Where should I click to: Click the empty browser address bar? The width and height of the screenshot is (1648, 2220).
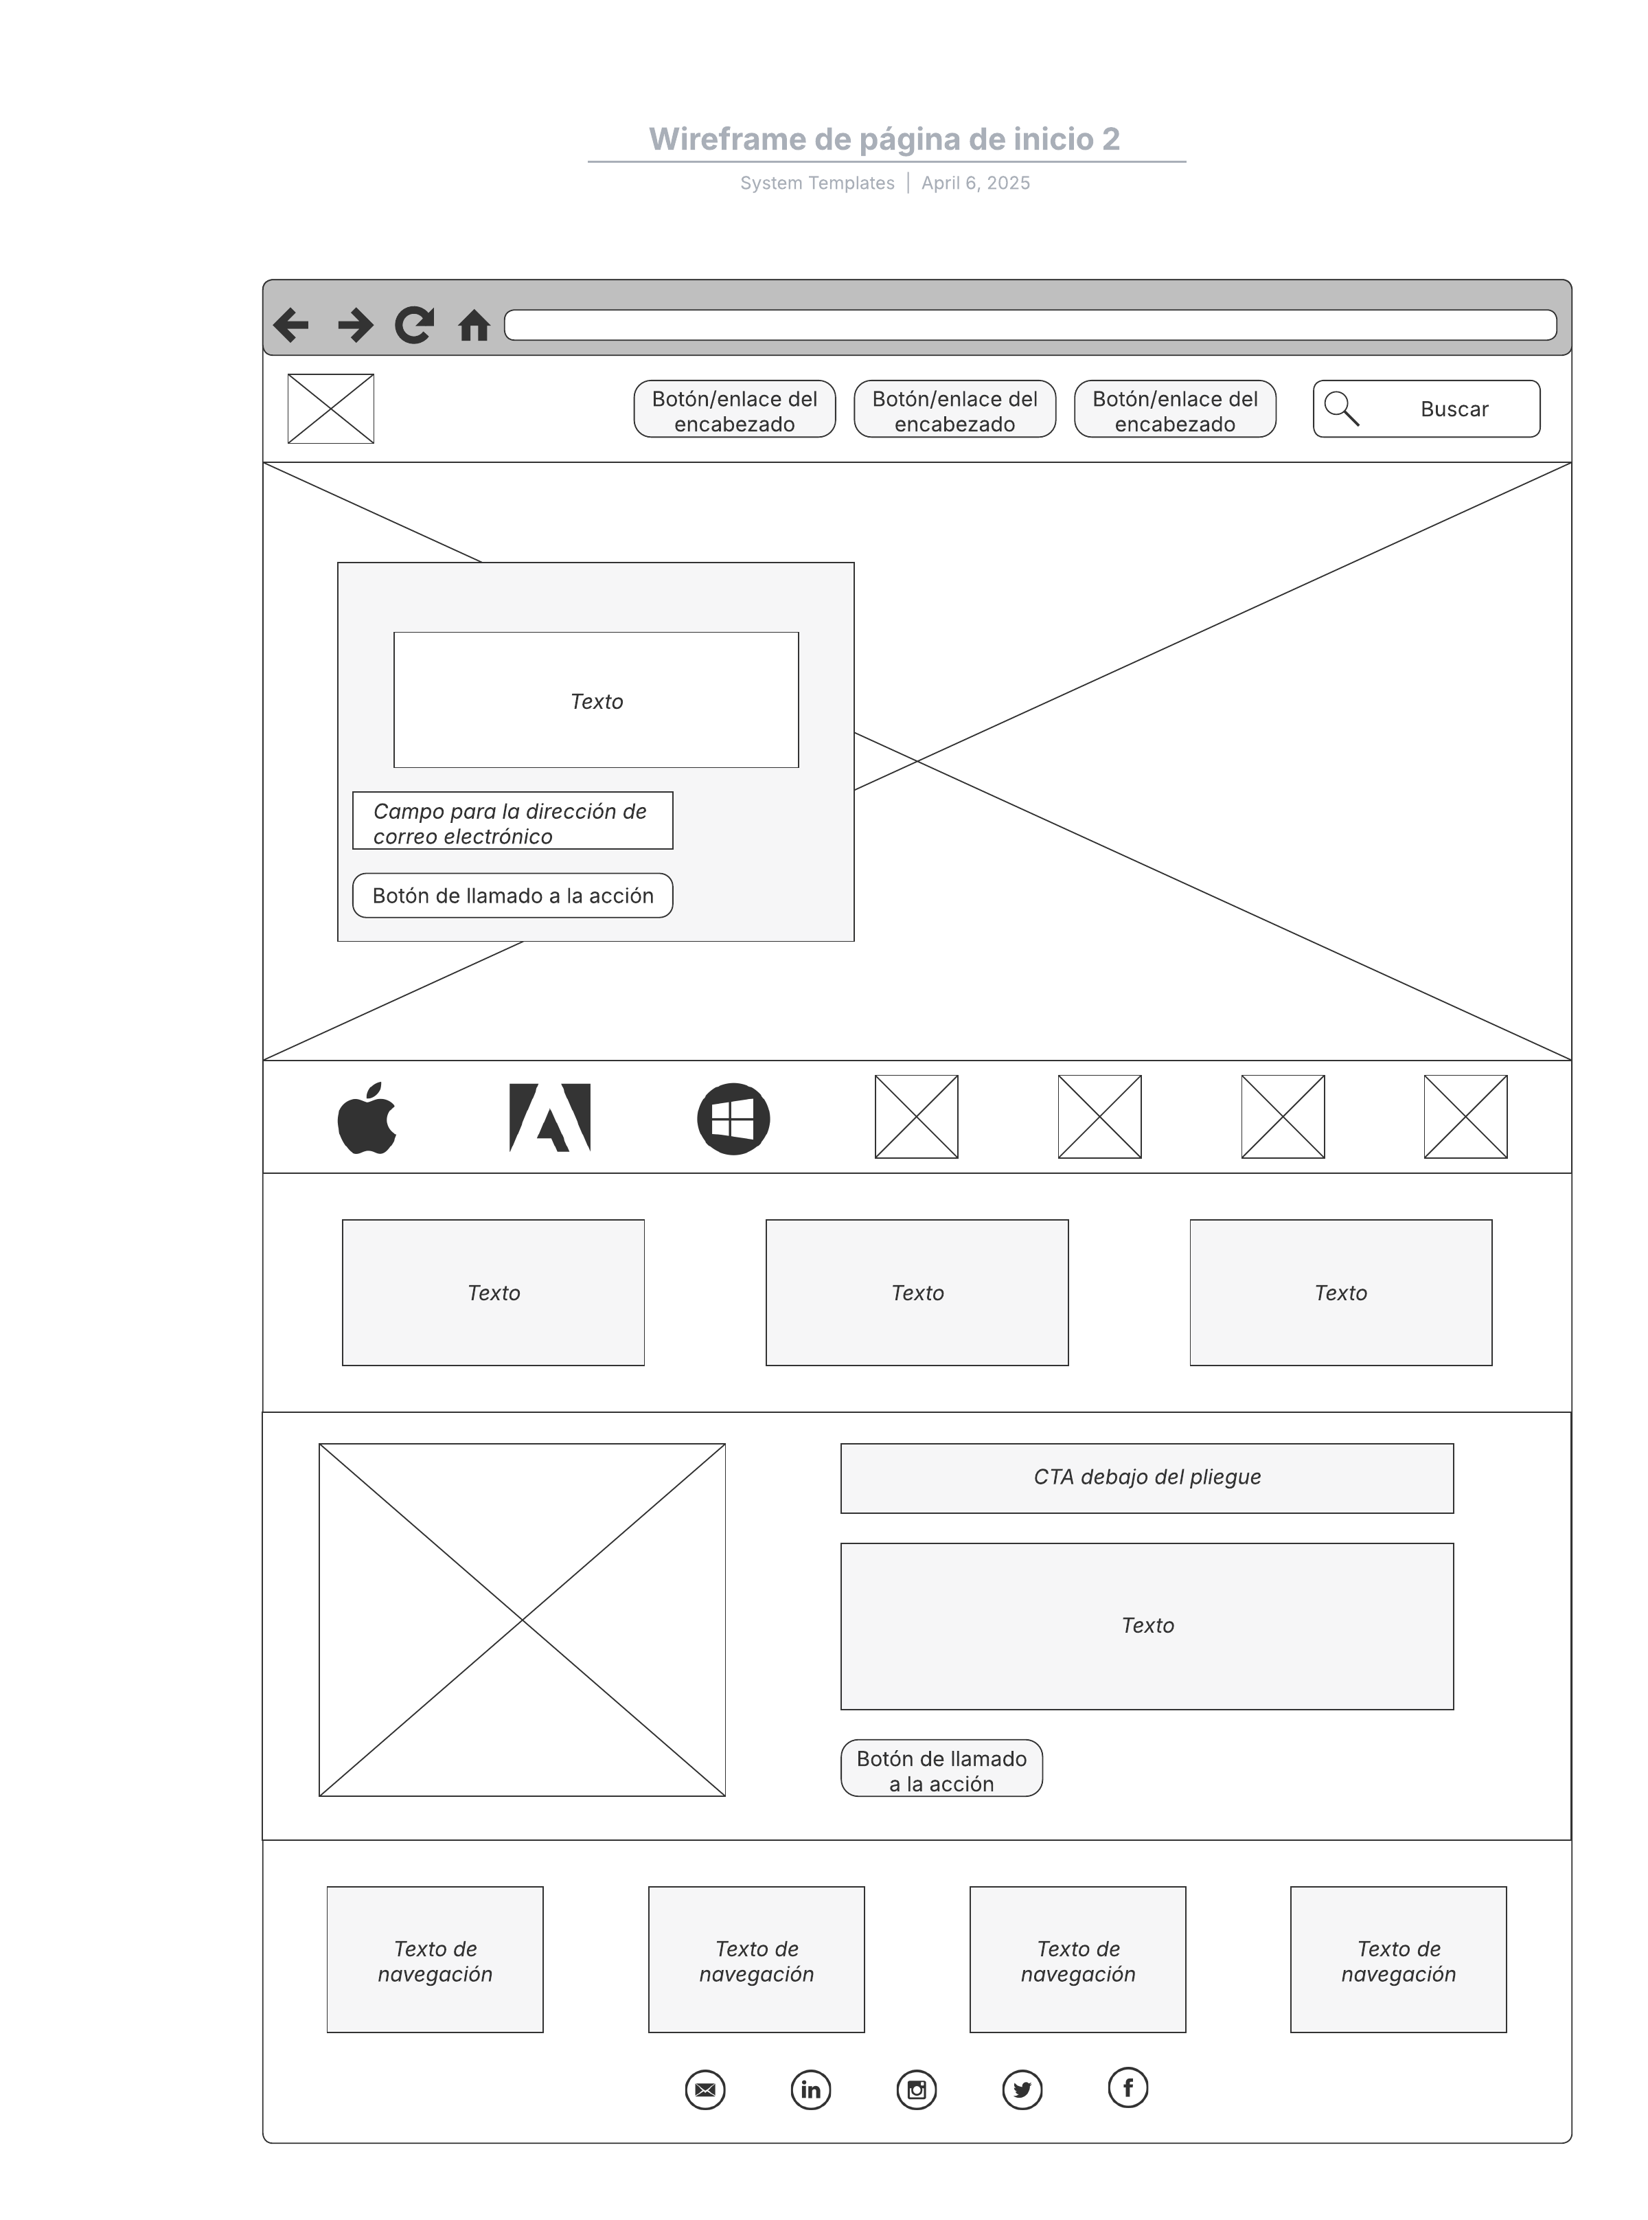(1031, 326)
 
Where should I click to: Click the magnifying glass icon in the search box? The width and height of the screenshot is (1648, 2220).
(1342, 408)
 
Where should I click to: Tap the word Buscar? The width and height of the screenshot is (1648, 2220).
(1454, 409)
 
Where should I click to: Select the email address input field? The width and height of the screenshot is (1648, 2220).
(513, 820)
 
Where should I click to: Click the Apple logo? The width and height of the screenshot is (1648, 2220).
(367, 1118)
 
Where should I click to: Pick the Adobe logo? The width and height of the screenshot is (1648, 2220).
(549, 1118)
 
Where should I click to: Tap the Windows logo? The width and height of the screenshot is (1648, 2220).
(733, 1118)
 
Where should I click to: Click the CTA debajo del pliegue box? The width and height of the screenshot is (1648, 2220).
(1147, 1477)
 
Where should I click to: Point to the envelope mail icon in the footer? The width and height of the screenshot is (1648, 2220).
(705, 2089)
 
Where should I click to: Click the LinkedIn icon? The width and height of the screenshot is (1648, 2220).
(811, 2089)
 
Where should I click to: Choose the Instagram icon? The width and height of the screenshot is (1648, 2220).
(917, 2089)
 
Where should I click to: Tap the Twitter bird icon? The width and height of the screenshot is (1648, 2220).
(1022, 2089)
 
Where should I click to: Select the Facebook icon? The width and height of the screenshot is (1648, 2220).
(1128, 2087)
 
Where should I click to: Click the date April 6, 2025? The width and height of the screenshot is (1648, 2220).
(976, 183)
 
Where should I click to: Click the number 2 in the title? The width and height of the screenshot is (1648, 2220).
(1111, 139)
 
